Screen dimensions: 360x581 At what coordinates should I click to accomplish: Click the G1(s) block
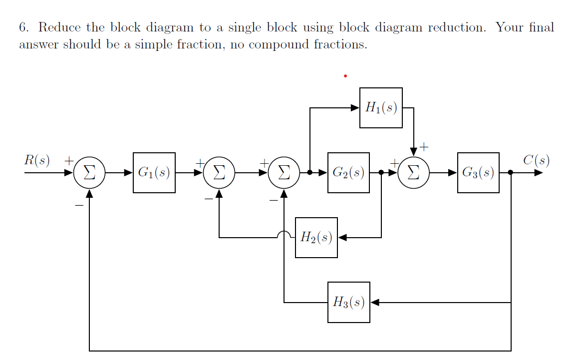point(154,173)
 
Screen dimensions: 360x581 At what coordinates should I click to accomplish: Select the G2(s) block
point(348,173)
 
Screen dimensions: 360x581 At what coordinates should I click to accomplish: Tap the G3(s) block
point(478,173)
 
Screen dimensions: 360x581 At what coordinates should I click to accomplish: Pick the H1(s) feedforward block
point(381,107)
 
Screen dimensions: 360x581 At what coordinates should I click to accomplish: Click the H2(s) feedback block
point(316,238)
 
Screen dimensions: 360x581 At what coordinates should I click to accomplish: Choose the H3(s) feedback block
point(348,302)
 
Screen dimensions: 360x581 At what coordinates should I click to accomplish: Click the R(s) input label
point(37,160)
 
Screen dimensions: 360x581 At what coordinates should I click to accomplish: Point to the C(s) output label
point(536,160)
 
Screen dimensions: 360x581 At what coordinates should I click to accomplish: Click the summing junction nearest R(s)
point(89,173)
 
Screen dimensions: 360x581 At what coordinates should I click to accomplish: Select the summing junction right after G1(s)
point(219,173)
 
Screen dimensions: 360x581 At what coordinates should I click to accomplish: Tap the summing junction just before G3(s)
point(414,173)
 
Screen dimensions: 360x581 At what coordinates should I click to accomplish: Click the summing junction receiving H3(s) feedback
point(284,173)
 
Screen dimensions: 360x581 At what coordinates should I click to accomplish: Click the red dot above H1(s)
point(345,76)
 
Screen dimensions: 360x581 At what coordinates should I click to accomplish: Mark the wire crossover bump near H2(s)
point(284,235)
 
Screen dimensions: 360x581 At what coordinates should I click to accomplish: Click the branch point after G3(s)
point(511,173)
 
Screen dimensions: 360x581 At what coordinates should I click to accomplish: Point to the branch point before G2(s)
point(310,173)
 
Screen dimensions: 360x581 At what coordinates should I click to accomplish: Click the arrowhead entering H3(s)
point(375,302)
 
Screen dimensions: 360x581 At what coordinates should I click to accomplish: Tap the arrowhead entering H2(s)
point(342,238)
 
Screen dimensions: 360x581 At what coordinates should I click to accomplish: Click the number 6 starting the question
point(22,27)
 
